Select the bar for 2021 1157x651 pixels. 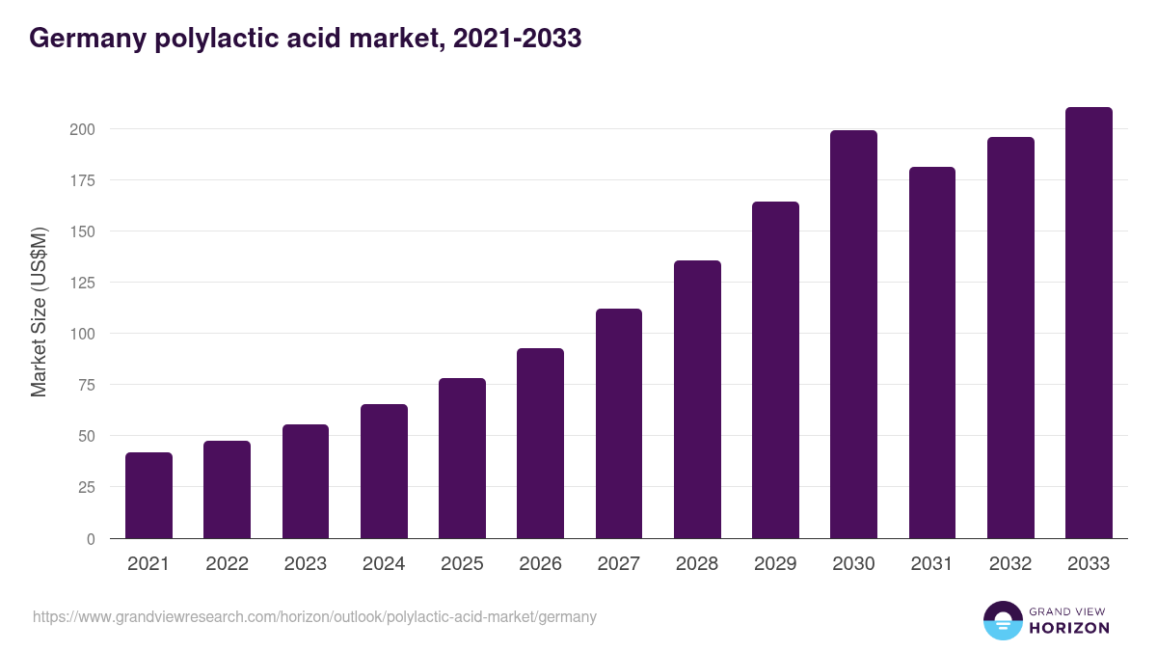click(148, 496)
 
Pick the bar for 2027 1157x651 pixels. click(618, 423)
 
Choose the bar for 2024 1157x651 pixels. click(384, 472)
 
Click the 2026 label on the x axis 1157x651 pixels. click(540, 564)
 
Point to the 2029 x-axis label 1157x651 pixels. click(775, 564)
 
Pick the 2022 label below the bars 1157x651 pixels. click(227, 564)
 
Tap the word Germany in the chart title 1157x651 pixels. click(87, 39)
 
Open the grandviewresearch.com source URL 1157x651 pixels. click(314, 616)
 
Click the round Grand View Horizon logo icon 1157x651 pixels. click(1003, 620)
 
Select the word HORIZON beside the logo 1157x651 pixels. click(1069, 628)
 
